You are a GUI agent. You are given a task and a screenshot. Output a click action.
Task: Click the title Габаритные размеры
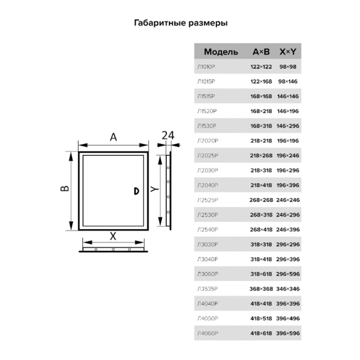pos(181,23)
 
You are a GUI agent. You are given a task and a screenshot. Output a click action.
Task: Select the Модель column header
pos(221,52)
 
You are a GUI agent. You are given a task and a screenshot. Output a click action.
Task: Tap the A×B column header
pos(261,51)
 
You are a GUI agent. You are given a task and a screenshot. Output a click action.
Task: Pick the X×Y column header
pos(288,51)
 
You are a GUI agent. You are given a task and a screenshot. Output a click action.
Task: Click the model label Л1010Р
pos(206,67)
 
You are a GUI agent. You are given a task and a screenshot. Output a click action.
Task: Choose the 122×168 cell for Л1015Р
pos(261,81)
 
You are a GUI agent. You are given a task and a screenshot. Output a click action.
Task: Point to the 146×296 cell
pos(288,126)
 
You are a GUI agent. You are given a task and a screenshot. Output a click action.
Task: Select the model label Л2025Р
pos(208,155)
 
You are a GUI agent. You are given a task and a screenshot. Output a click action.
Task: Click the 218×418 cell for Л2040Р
pos(261,185)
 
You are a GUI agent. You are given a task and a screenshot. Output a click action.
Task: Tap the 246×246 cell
pos(288,200)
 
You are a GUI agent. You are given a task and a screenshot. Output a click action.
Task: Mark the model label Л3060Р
pos(208,274)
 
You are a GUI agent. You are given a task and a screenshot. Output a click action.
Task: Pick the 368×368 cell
pos(261,289)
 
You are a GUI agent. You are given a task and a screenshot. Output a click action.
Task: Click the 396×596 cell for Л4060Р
pos(288,333)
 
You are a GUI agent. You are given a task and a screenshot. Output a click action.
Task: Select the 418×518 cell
pos(261,318)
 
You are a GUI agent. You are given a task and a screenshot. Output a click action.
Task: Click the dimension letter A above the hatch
pos(113,137)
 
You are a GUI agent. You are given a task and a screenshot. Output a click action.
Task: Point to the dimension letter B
pos(64,188)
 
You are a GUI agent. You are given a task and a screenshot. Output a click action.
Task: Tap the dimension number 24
pos(168,135)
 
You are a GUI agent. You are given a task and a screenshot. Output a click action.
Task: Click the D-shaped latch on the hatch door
pos(136,191)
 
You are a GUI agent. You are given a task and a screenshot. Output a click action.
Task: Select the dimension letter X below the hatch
pos(113,236)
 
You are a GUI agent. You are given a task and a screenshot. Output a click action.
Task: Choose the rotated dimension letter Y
pos(154,189)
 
